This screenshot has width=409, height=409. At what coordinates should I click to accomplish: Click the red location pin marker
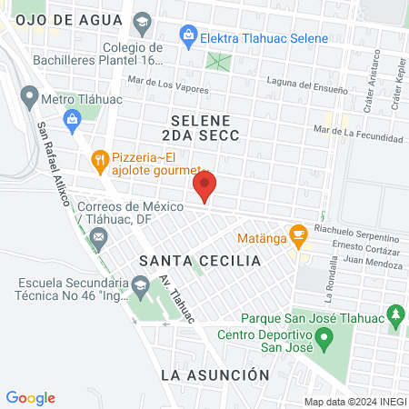click(x=204, y=188)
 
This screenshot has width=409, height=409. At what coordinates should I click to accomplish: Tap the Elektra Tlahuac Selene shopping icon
click(x=187, y=37)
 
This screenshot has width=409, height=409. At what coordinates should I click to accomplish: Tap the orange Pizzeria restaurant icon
click(x=100, y=162)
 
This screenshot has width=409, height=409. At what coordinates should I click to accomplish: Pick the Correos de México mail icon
click(x=99, y=238)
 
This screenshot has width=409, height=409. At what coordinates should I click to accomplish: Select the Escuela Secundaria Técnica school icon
click(x=140, y=287)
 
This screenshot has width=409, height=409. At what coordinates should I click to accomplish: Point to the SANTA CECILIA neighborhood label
click(x=200, y=261)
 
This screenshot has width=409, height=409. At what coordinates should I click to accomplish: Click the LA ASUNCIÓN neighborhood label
click(x=214, y=374)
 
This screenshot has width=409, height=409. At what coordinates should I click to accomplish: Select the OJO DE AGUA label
click(x=54, y=20)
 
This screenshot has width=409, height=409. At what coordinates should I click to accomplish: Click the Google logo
click(x=31, y=397)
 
